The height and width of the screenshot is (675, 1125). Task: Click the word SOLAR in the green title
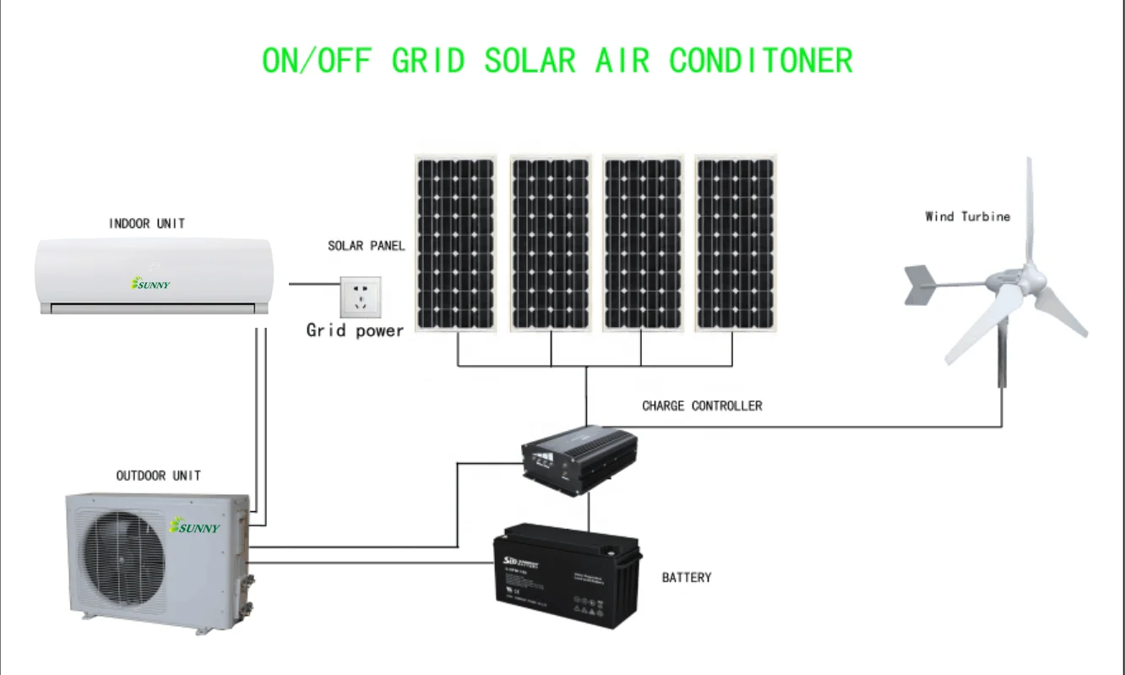[x=530, y=61]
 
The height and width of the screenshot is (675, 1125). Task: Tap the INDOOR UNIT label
[x=147, y=224]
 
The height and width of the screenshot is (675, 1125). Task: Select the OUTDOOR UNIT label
[x=159, y=476]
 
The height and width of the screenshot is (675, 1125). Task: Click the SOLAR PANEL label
[x=367, y=246]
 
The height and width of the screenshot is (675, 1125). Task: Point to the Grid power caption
[x=355, y=330]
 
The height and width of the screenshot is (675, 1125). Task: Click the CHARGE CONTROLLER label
[x=702, y=406]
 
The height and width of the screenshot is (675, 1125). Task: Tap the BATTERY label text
[x=686, y=578]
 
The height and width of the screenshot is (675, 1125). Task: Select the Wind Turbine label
[x=967, y=216]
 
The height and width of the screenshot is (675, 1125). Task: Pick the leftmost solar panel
[x=455, y=243]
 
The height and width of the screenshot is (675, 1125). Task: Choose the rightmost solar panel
[x=735, y=243]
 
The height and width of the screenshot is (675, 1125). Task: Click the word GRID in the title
[x=428, y=61]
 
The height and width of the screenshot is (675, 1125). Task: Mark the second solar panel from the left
[x=550, y=243]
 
